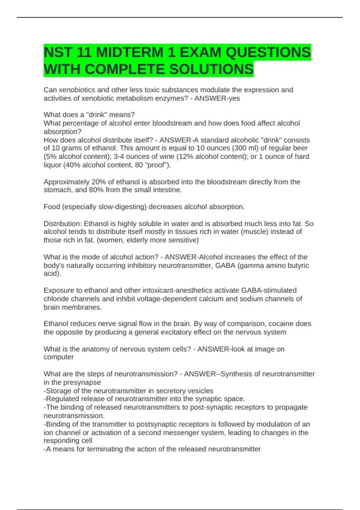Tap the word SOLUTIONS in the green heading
[211, 70]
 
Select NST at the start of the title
[58, 52]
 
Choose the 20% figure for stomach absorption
[93, 182]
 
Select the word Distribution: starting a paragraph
[62, 224]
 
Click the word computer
[58, 357]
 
